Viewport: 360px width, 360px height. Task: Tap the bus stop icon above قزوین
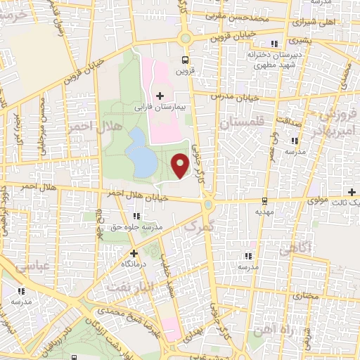click(186, 60)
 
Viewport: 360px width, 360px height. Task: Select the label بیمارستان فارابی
click(160, 108)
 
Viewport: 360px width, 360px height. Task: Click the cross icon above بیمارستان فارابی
click(160, 95)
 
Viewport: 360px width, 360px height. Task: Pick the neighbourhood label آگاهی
click(295, 249)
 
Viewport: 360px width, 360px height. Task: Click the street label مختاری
click(305, 297)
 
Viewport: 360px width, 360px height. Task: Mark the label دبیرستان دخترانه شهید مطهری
click(265, 57)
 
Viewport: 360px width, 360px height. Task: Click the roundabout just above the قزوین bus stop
click(186, 39)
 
